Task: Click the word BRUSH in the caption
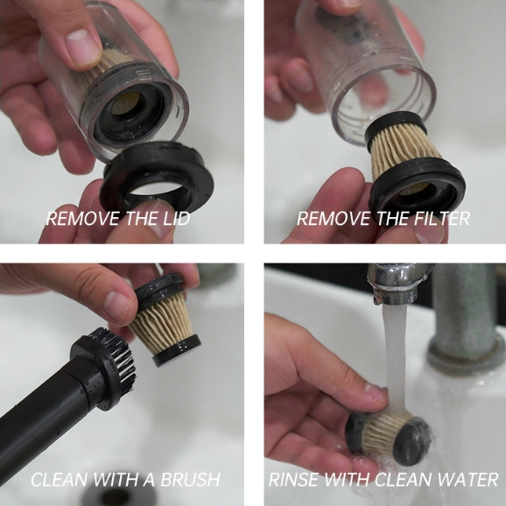point(190,480)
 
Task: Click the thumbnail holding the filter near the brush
point(117,306)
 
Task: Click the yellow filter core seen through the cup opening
point(126,102)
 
